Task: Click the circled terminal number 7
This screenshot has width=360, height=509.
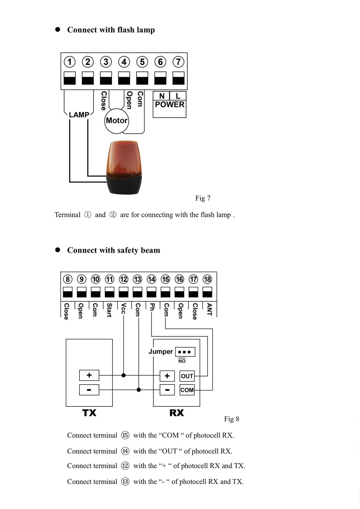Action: click(x=178, y=62)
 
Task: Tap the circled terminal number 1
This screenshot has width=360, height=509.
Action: click(x=70, y=62)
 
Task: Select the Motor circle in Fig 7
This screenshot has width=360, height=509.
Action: click(x=116, y=121)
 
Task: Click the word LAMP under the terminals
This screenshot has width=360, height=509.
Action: click(x=79, y=115)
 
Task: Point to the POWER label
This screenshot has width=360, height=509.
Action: click(x=169, y=104)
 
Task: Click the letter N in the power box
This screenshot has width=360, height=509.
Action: click(x=162, y=96)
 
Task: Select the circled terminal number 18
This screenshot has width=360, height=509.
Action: click(x=207, y=279)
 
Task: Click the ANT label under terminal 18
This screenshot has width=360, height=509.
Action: click(x=209, y=309)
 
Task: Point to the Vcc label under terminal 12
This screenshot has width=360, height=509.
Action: click(x=123, y=308)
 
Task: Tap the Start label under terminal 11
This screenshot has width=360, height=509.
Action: click(x=109, y=310)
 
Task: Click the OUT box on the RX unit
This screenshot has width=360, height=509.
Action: click(x=187, y=376)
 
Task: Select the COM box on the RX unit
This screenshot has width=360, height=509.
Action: click(x=187, y=390)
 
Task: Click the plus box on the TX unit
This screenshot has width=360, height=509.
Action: click(x=89, y=375)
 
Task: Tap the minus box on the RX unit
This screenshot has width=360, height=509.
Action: click(x=167, y=390)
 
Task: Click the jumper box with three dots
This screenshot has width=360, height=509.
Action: click(x=185, y=352)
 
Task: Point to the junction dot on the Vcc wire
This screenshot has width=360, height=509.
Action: click(x=123, y=376)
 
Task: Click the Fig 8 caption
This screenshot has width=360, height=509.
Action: click(x=232, y=419)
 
